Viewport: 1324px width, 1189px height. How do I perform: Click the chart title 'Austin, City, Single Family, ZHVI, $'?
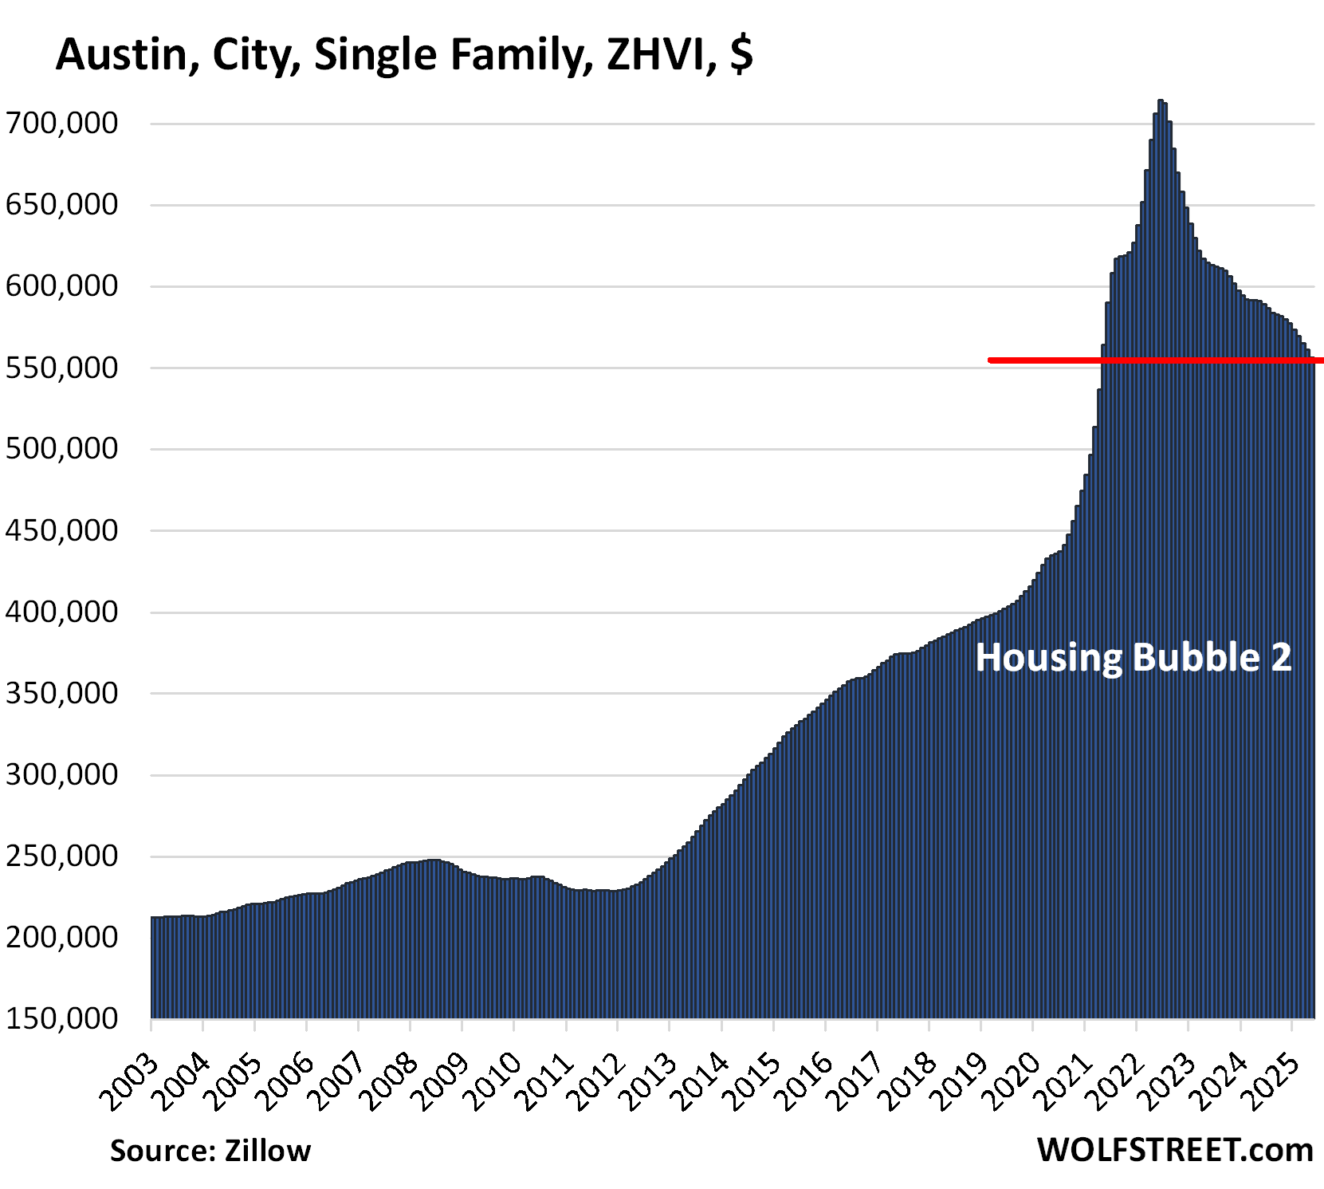pos(404,55)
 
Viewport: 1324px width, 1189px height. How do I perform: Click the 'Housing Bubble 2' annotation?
pos(1133,658)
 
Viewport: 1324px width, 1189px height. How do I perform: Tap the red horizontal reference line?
pos(1156,360)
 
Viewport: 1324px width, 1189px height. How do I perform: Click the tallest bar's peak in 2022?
pos(1161,101)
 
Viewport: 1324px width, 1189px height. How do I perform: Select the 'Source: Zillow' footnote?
pos(210,1151)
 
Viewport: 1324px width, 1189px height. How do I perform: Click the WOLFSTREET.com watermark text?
pos(1175,1150)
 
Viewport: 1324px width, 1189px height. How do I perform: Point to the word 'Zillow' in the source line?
pos(268,1151)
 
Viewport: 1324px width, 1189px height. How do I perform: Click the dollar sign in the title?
pos(741,55)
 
